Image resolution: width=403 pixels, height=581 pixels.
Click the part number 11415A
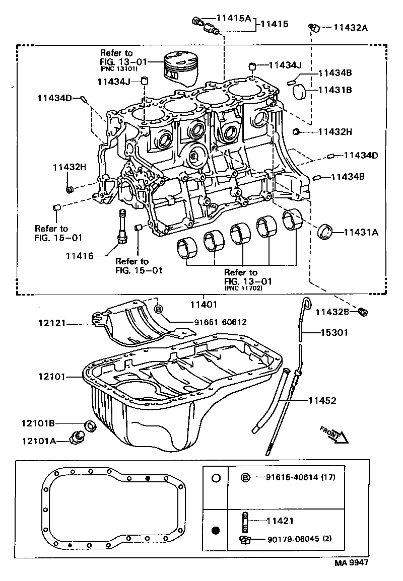pyautogui.click(x=233, y=18)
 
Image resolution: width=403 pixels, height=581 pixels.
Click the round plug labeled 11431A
pyautogui.click(x=326, y=232)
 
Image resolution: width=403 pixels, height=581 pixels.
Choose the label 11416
pyautogui.click(x=79, y=256)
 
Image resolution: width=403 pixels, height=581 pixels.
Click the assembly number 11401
pyautogui.click(x=203, y=304)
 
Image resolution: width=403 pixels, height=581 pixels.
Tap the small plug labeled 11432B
pyautogui.click(x=363, y=312)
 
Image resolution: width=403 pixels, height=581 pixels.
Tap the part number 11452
pyautogui.click(x=322, y=400)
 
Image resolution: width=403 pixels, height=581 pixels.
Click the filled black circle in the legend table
pyautogui.click(x=216, y=530)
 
